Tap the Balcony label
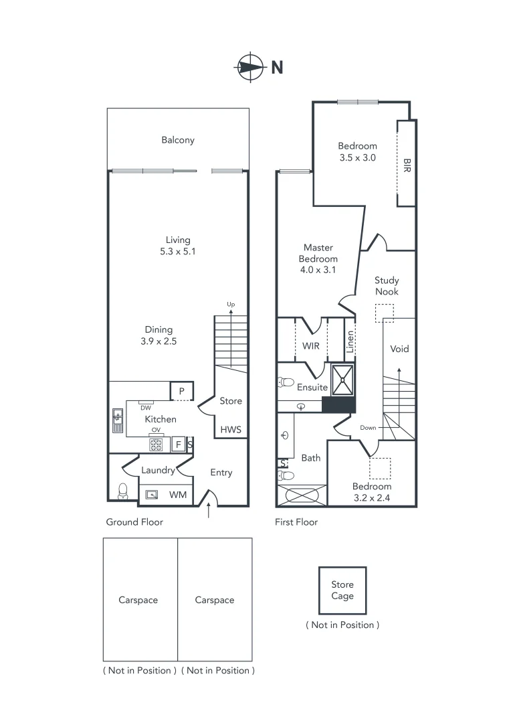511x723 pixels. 178,140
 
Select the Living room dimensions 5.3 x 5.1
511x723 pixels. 178,252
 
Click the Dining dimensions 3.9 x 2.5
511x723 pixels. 159,341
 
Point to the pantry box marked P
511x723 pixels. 181,391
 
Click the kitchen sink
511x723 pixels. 118,420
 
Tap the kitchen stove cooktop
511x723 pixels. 156,443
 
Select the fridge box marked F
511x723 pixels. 179,443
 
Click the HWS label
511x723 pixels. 231,430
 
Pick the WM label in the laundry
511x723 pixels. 177,495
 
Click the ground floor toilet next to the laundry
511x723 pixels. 122,492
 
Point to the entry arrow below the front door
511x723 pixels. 212,511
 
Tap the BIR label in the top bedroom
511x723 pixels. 407,165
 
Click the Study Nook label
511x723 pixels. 386,287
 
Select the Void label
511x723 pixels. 399,349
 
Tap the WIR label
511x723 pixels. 311,346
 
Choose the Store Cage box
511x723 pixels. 342,590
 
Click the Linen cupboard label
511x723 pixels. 350,341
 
